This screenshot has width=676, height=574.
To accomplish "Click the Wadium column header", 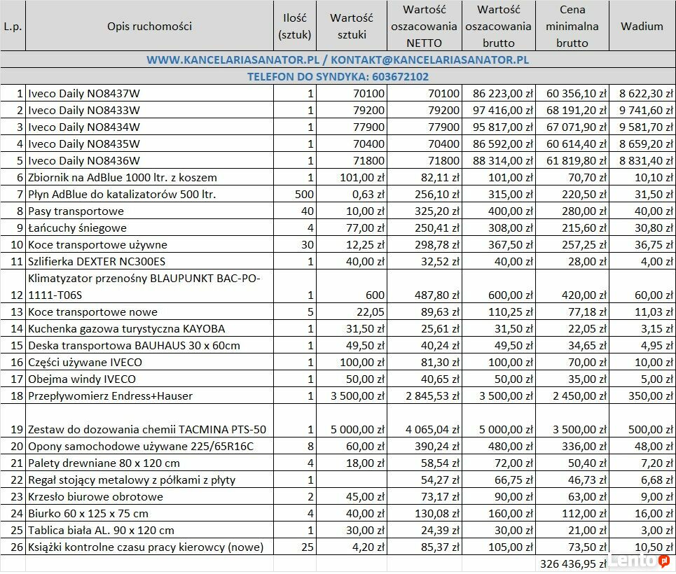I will pos(642,27).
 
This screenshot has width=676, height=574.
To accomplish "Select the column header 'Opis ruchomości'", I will pos(149,27).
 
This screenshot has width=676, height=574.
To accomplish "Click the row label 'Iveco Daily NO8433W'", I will pos(84,110).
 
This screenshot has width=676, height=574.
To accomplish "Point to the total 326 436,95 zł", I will pos(572,563).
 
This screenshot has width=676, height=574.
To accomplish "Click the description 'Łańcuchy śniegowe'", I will pos(76,227).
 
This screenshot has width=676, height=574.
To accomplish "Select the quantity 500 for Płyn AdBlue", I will pos(305,194).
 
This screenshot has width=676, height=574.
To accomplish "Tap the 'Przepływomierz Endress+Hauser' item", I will pos(110,395).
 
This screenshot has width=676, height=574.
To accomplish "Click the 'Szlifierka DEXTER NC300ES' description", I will pos(97,261).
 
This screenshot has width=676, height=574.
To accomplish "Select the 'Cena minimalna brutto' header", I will pos(572,27).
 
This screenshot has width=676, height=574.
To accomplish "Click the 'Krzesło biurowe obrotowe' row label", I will pos(95,496).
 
